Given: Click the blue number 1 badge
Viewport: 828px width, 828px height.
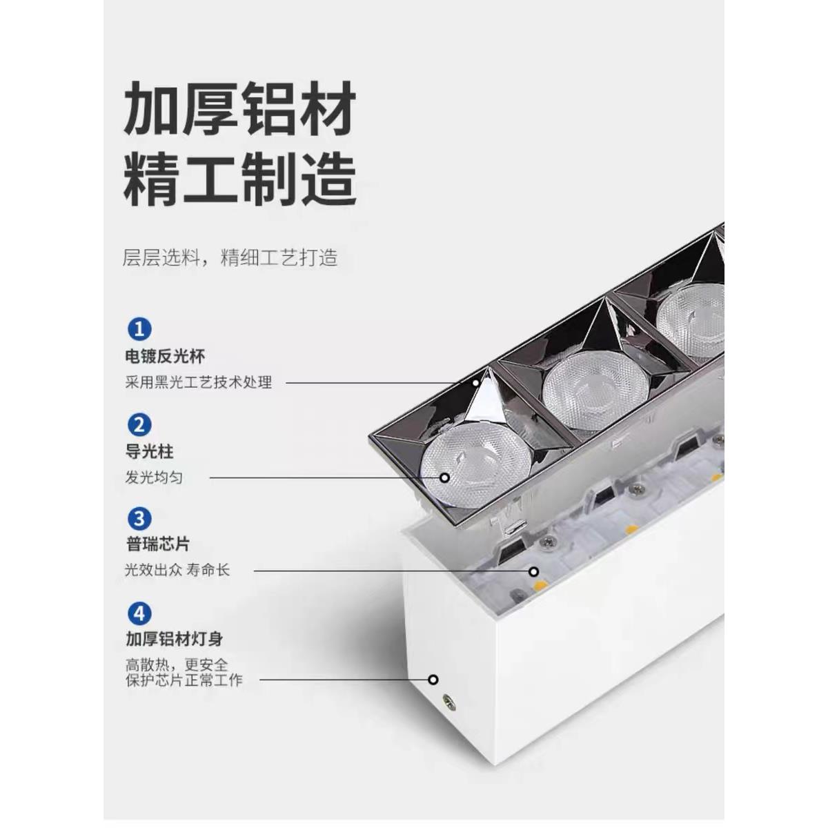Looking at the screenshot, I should [x=139, y=329].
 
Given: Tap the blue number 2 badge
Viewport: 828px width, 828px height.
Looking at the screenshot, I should [x=139, y=424].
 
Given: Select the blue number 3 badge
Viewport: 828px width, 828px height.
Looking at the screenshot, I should [x=139, y=518].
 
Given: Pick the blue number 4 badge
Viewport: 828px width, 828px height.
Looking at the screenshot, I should [x=139, y=613].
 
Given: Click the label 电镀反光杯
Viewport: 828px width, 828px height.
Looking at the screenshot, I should [x=165, y=357].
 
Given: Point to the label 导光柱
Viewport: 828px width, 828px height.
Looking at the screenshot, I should [x=149, y=452].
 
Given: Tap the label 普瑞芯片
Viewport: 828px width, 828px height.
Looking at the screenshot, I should [x=157, y=544].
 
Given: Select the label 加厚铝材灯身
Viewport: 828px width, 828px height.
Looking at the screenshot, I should [x=174, y=639].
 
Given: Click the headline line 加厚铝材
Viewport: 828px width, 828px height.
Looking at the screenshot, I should [x=239, y=108].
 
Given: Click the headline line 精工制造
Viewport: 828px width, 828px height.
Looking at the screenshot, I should [x=239, y=178].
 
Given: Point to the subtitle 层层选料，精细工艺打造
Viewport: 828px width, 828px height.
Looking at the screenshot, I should [x=230, y=258].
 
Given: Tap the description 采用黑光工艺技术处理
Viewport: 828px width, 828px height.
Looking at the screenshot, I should [x=199, y=382].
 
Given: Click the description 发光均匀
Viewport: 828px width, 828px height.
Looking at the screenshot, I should [x=154, y=477].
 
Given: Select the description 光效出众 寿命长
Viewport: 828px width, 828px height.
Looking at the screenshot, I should [x=177, y=571].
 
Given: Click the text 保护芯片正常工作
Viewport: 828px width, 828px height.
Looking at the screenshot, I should [x=184, y=680].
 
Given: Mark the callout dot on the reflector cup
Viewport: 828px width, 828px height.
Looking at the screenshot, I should [x=477, y=382].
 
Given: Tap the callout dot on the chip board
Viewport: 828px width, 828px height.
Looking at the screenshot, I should [x=533, y=571].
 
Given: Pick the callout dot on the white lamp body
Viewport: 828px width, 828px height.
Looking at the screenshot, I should [x=433, y=680].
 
